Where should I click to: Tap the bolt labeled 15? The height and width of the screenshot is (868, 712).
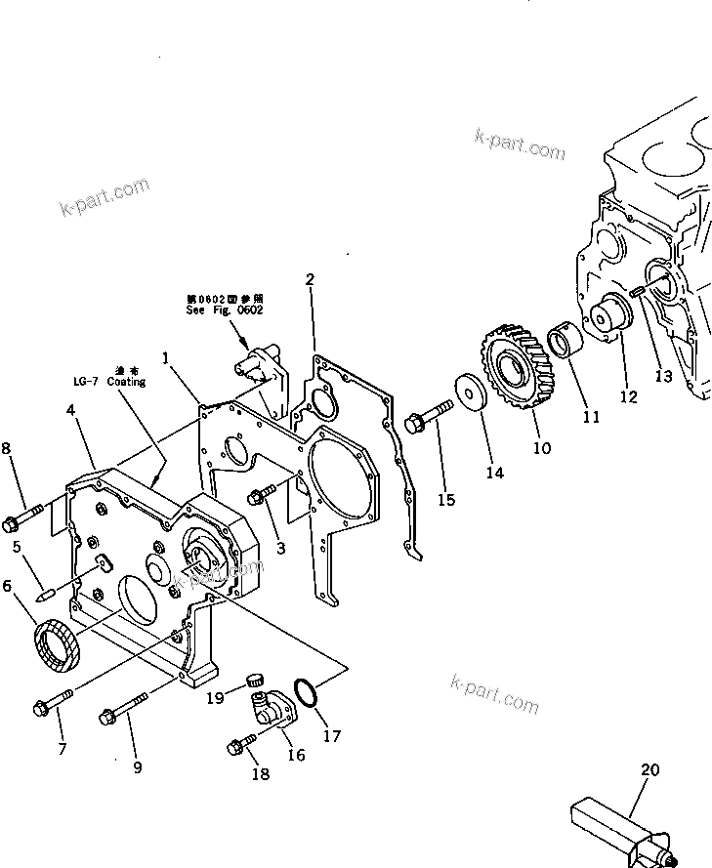428,418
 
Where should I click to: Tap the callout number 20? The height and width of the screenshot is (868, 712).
649,770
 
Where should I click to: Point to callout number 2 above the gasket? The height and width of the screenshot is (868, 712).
310,279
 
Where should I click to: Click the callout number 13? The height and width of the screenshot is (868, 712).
664,375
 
